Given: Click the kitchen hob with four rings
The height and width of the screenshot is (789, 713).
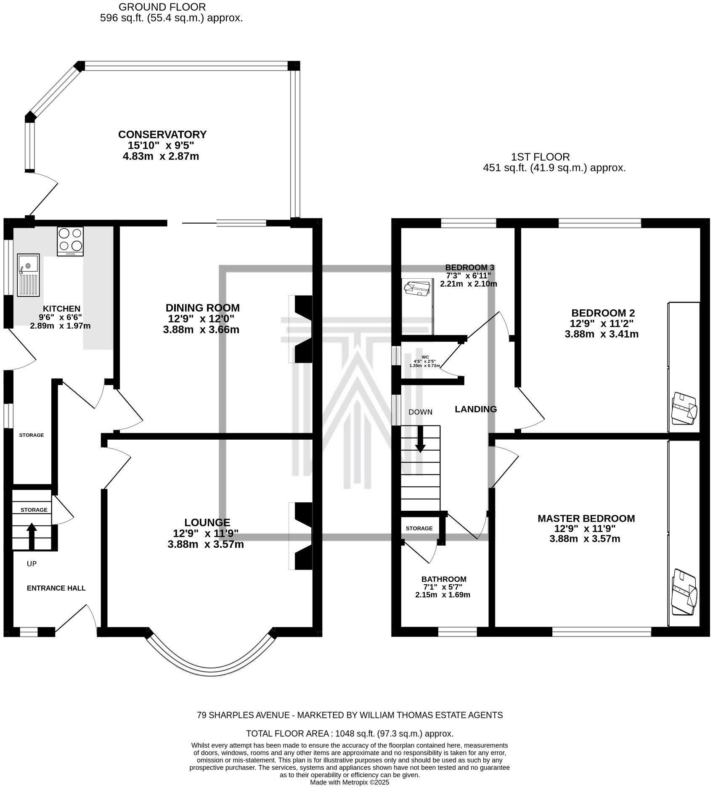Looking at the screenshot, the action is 70,241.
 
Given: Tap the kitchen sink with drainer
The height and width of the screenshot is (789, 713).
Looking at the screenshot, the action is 28,275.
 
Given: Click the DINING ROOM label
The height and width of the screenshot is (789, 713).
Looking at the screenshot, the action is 202,308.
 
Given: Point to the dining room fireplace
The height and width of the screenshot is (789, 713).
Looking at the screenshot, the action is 301,329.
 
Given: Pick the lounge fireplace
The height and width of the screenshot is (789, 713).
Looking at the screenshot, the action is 301,536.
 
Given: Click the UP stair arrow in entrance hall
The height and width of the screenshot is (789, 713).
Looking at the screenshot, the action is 32,536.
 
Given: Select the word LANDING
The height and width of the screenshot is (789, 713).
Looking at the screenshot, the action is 476,409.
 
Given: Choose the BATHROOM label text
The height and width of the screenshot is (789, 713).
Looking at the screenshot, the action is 444,579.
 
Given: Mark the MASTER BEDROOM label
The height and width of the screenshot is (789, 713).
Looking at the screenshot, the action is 586,518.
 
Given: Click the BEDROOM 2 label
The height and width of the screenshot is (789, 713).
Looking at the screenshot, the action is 603,313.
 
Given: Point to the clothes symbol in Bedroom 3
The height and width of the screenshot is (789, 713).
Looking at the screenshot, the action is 417,289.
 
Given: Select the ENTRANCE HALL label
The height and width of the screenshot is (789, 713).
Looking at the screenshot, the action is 56,588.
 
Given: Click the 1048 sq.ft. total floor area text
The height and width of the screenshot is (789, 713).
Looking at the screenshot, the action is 350,734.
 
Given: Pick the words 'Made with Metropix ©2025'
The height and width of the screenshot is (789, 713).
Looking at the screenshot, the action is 350,782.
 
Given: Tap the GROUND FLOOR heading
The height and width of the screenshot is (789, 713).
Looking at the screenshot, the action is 162,7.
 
